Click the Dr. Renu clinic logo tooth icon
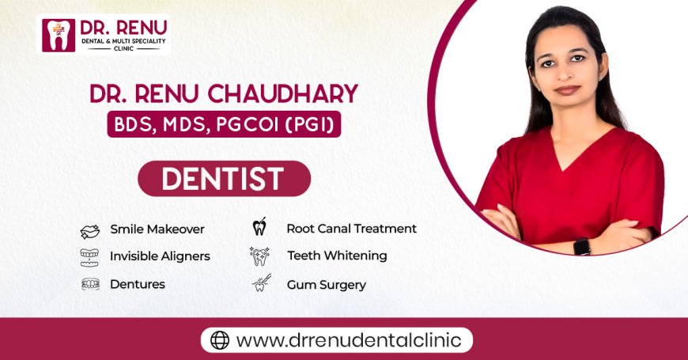click(x=57, y=35)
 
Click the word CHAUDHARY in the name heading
click(x=293, y=94)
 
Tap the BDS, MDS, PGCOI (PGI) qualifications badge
click(x=224, y=124)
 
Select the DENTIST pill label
click(x=223, y=179)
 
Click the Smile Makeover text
click(x=157, y=229)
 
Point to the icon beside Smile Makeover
click(x=89, y=230)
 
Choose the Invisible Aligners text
click(x=160, y=256)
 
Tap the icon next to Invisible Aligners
click(x=89, y=256)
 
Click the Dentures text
click(x=138, y=284)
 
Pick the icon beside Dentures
click(x=89, y=284)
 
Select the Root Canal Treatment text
click(x=351, y=229)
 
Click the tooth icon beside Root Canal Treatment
click(x=259, y=229)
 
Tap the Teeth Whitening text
click(x=337, y=256)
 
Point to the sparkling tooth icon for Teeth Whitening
click(x=259, y=256)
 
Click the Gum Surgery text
click(x=326, y=284)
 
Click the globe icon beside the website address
click(x=220, y=340)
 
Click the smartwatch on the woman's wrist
click(x=582, y=246)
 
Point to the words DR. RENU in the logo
click(x=119, y=28)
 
